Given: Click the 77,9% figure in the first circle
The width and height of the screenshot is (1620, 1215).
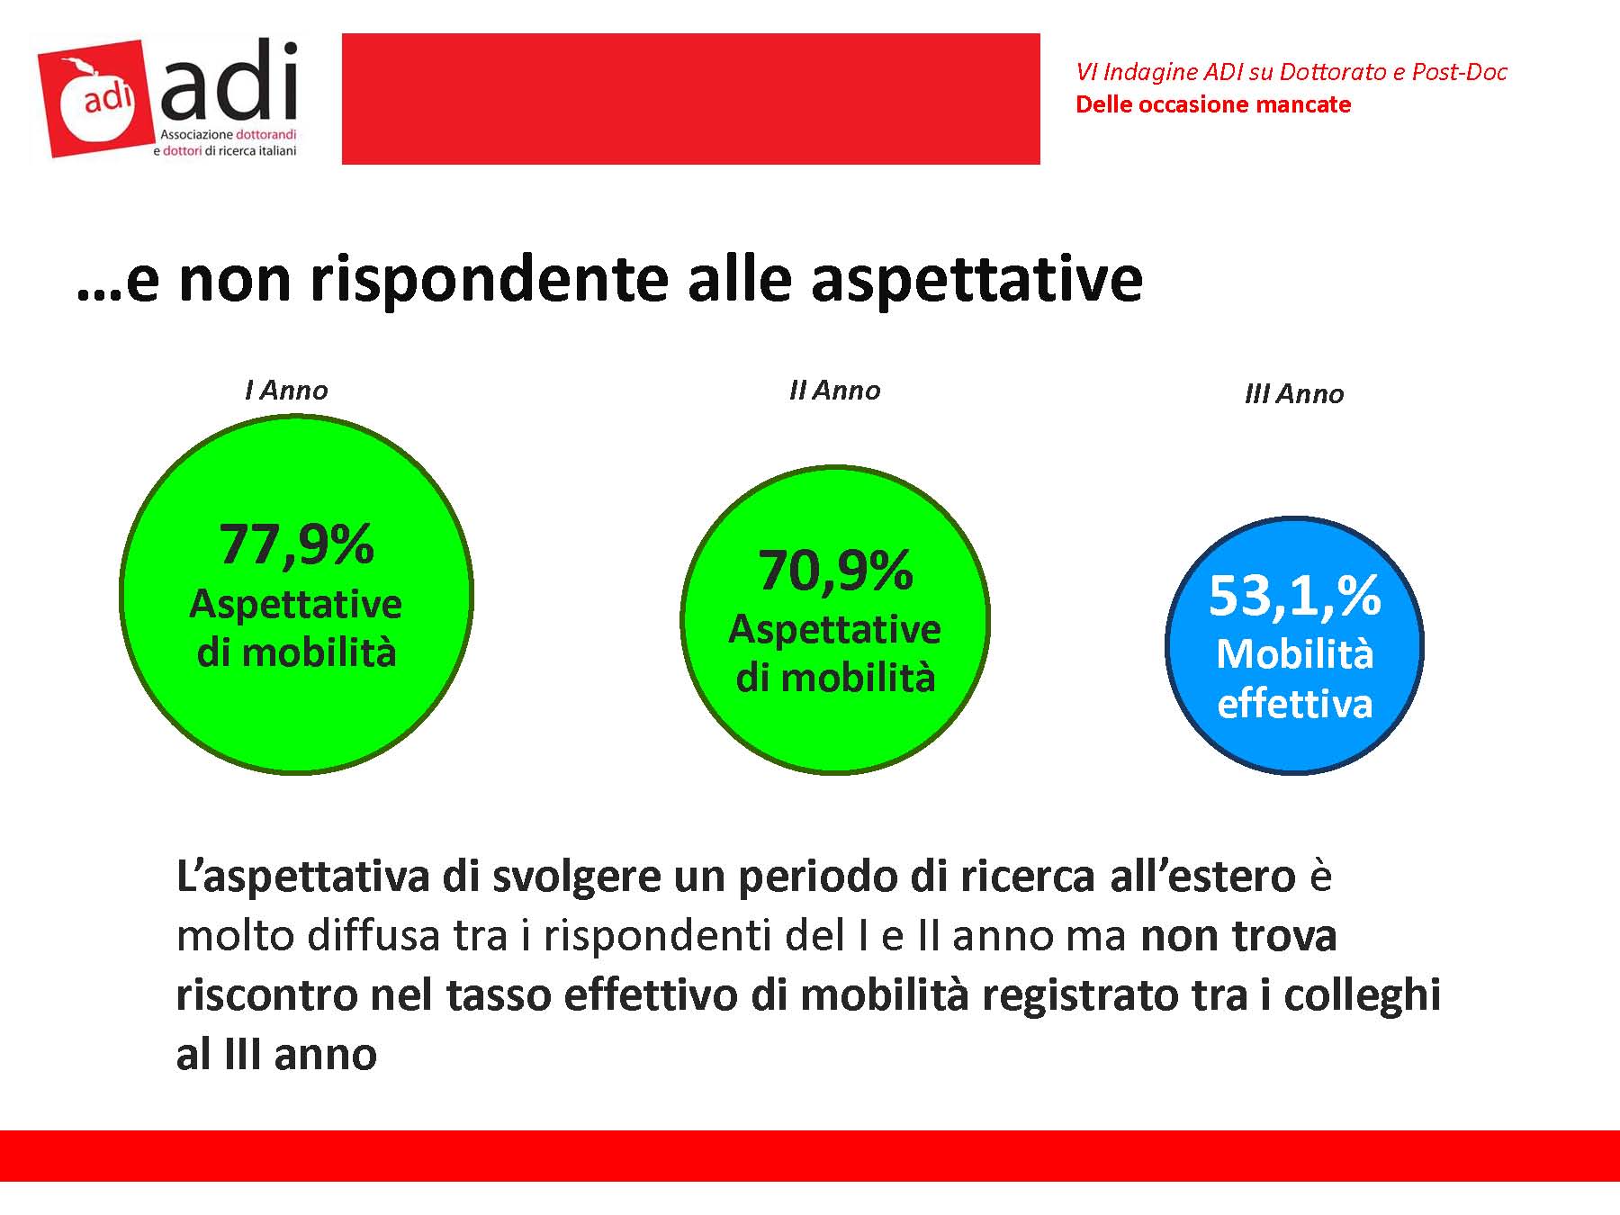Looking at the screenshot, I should pyautogui.click(x=296, y=544).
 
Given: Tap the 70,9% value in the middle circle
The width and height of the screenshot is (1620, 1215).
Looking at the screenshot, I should pyautogui.click(x=835, y=571).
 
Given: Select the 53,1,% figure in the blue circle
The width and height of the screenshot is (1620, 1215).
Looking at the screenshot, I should pyautogui.click(x=1294, y=596).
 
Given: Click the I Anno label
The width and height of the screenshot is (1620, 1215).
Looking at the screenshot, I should pyautogui.click(x=286, y=391).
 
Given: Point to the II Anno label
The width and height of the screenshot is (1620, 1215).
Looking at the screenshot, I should pyautogui.click(x=834, y=391).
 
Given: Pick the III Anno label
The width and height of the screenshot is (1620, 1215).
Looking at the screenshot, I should pyautogui.click(x=1294, y=394).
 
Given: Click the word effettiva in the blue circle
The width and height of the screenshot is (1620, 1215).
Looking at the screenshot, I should pyautogui.click(x=1294, y=704).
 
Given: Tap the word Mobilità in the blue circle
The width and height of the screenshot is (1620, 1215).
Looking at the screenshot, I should pyautogui.click(x=1294, y=654).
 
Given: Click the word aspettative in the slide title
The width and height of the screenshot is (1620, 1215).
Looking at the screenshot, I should pyautogui.click(x=976, y=279).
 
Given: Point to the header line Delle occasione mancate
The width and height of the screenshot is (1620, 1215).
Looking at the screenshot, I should pyautogui.click(x=1212, y=104).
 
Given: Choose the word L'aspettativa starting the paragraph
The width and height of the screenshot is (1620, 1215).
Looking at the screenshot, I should pyautogui.click(x=302, y=877).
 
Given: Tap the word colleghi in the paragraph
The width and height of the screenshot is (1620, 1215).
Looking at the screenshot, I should pyautogui.click(x=1362, y=995).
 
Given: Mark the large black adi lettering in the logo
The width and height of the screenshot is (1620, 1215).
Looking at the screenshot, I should pyautogui.click(x=229, y=83).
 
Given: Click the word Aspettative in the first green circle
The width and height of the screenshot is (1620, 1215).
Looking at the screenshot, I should pyautogui.click(x=296, y=604).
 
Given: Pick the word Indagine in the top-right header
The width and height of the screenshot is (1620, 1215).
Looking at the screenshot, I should pyautogui.click(x=1141, y=72).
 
